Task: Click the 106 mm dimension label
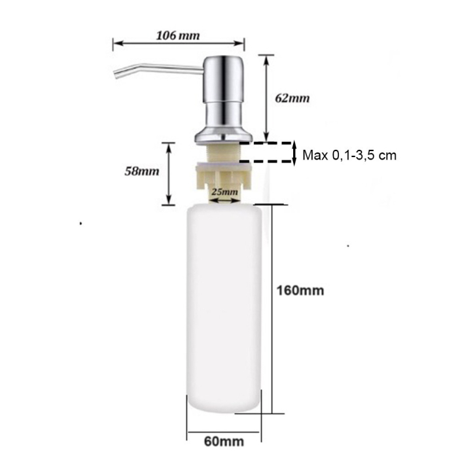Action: pyautogui.click(x=178, y=35)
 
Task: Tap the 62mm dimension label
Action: pyautogui.click(x=292, y=99)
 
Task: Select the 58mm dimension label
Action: pyautogui.click(x=142, y=171)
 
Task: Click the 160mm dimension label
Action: pyautogui.click(x=300, y=290)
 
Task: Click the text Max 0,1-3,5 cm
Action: pyautogui.click(x=349, y=155)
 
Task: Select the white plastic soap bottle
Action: pyautogui.click(x=224, y=308)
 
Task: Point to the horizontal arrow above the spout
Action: pyautogui.click(x=179, y=45)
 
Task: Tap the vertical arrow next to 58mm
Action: pyautogui.click(x=169, y=173)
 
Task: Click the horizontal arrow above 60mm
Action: pyautogui.click(x=224, y=432)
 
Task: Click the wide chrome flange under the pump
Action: pyautogui.click(x=223, y=136)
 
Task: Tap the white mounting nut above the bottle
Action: pyautogui.click(x=223, y=175)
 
